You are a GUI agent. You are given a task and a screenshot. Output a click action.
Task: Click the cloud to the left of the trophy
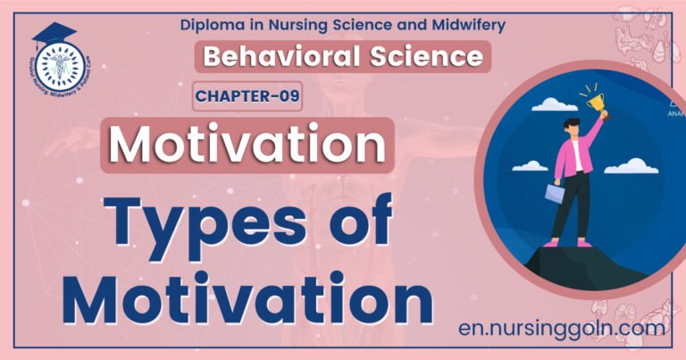click(554, 105)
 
